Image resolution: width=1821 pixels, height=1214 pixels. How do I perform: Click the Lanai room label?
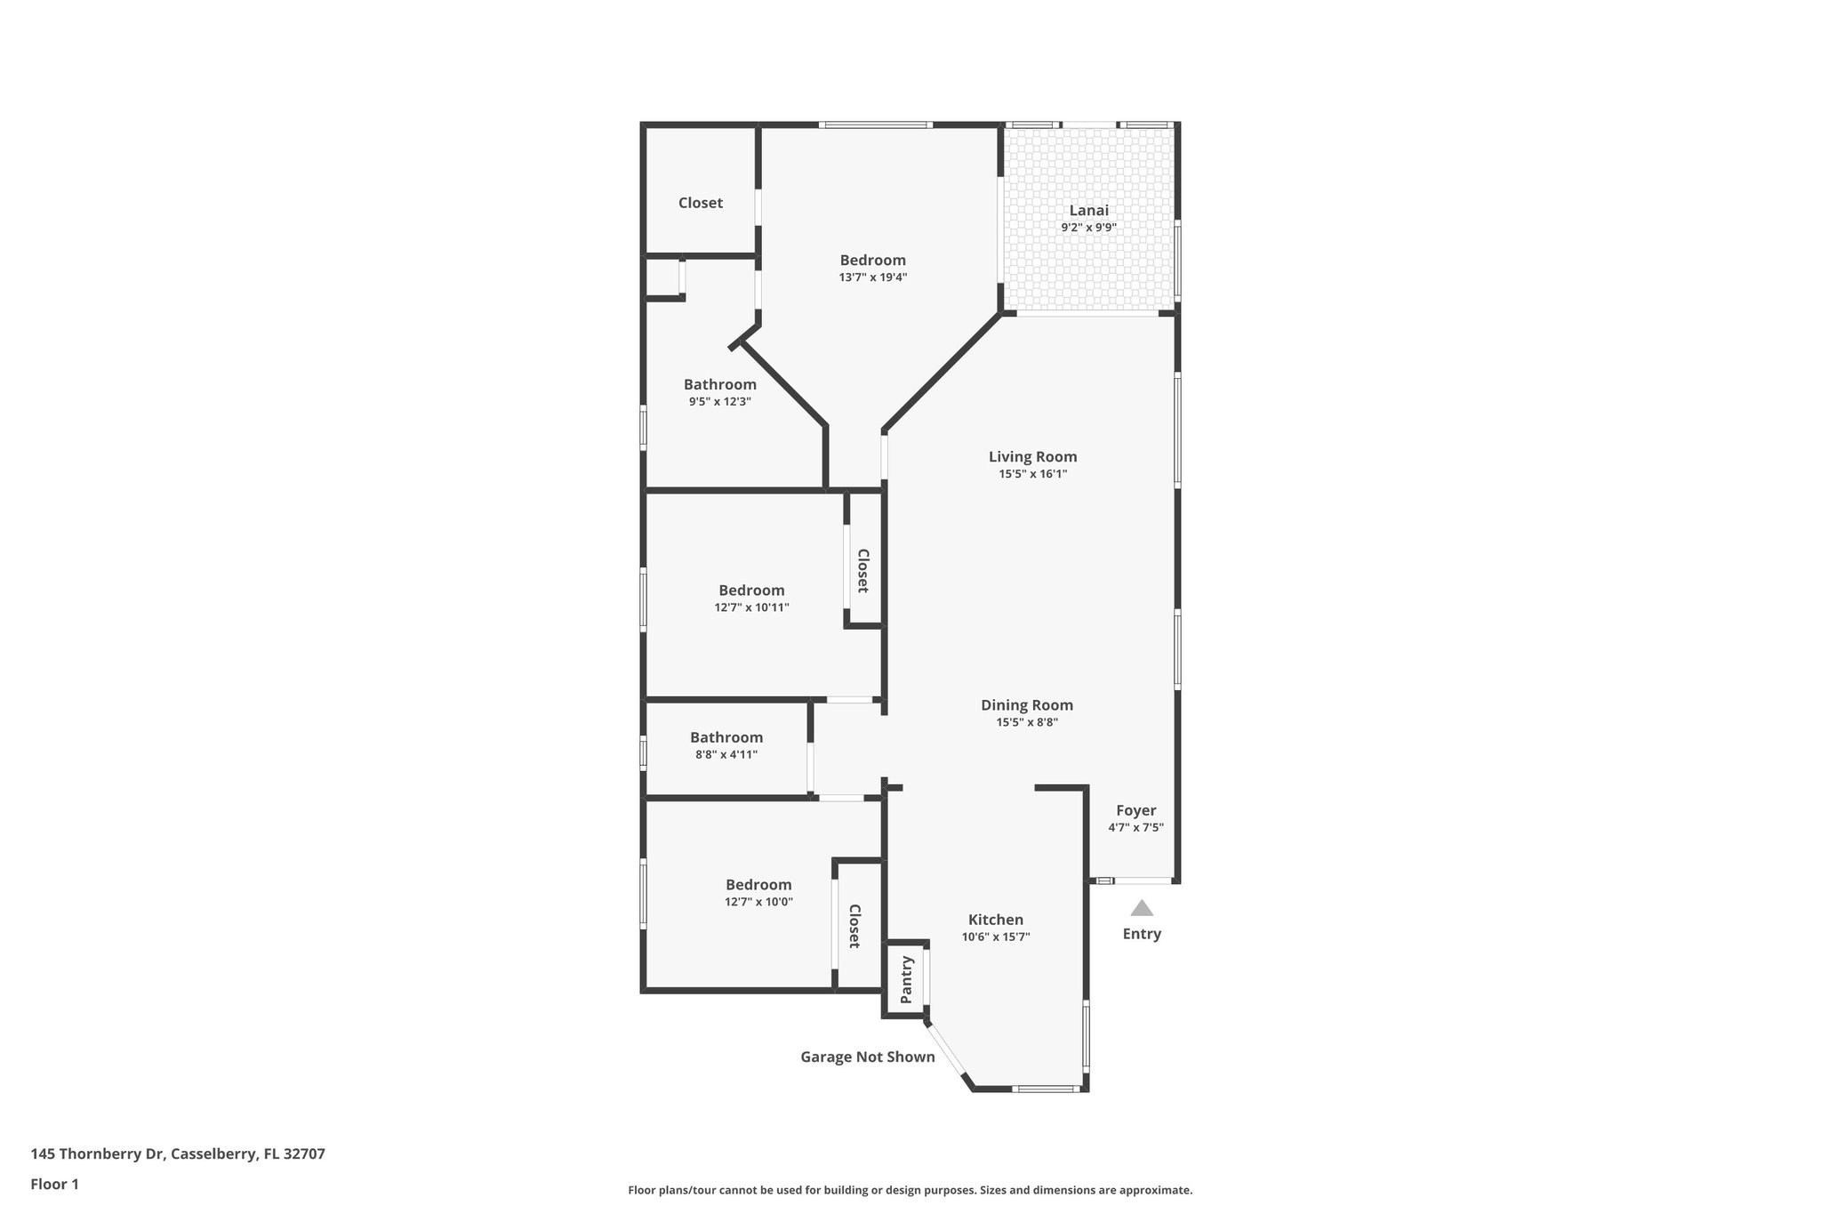tap(1088, 211)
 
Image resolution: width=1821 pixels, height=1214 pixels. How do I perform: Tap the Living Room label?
tap(1032, 457)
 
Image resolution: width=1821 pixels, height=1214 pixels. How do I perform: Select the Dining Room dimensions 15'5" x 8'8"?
tap(1026, 722)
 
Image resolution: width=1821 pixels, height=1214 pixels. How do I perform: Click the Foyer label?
tap(1135, 810)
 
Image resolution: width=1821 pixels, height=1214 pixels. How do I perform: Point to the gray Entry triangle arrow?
tap(1142, 908)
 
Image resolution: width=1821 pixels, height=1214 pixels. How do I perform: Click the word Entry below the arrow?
tap(1142, 934)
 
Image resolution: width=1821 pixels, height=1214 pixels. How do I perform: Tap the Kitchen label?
tap(995, 920)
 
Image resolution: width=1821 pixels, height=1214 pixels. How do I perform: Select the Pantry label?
tap(907, 979)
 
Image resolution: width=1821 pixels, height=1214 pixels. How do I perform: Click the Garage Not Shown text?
tap(867, 1057)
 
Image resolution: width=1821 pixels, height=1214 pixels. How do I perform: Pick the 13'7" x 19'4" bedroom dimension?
tap(872, 277)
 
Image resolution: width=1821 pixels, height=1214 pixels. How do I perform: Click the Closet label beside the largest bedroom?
tap(700, 203)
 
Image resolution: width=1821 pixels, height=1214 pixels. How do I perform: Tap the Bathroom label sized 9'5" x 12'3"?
tap(719, 384)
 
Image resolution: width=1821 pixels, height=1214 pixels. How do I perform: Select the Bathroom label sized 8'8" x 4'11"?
tap(726, 737)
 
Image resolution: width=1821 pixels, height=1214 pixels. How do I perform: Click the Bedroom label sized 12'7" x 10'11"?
tap(751, 591)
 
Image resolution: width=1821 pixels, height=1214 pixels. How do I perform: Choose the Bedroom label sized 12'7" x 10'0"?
tap(758, 885)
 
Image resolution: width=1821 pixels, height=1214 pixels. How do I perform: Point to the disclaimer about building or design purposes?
tap(910, 1190)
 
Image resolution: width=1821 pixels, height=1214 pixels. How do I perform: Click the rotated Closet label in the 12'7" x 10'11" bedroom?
tap(862, 570)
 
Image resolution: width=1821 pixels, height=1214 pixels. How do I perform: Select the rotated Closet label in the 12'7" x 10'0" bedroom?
tap(854, 926)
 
